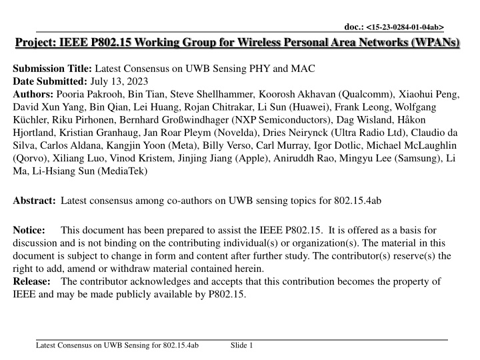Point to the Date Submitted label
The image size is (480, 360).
[x=49, y=81]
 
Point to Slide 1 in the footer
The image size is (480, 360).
[x=241, y=345]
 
